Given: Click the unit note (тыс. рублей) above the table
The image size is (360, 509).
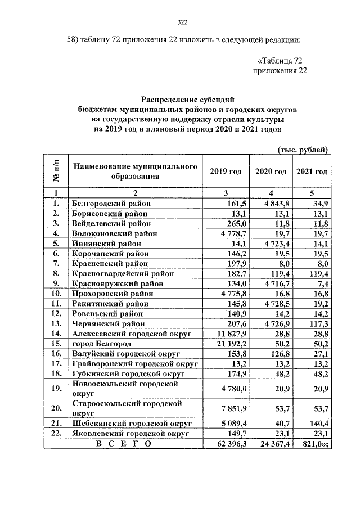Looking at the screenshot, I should [x=302, y=149].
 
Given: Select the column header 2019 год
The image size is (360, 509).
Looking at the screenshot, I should [x=226, y=172].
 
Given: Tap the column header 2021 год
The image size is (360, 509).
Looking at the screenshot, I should [x=312, y=172].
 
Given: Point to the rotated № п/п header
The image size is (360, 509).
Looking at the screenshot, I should [x=56, y=172].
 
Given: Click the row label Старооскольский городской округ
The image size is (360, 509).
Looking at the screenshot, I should [x=126, y=408].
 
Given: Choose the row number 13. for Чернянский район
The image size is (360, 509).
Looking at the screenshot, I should [x=56, y=323].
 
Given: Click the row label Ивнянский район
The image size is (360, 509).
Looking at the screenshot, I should [x=106, y=244].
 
